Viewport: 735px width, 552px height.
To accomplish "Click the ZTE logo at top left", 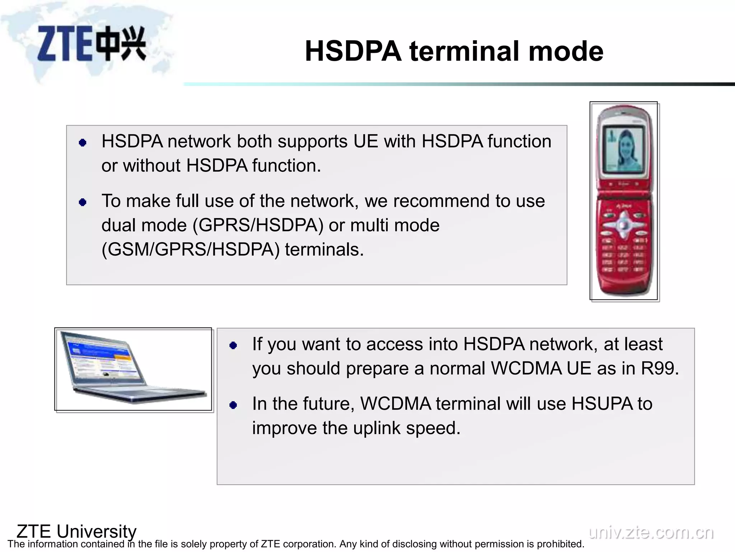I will click(x=92, y=44).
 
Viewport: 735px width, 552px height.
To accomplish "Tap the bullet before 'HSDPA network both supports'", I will click(x=83, y=143).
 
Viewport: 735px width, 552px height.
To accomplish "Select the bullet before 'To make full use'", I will click(x=83, y=202).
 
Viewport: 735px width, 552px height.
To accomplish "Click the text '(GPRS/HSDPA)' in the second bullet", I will click(x=258, y=225).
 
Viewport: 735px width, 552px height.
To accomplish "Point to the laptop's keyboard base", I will click(x=144, y=394).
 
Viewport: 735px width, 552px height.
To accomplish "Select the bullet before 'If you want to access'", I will click(x=233, y=346).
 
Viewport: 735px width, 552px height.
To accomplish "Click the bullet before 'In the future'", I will click(x=233, y=405).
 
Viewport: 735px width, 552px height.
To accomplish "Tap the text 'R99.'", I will click(x=660, y=368).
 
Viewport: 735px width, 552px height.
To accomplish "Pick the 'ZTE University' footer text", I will click(x=76, y=531).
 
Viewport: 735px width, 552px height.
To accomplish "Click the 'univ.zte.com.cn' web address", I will click(x=651, y=532).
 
